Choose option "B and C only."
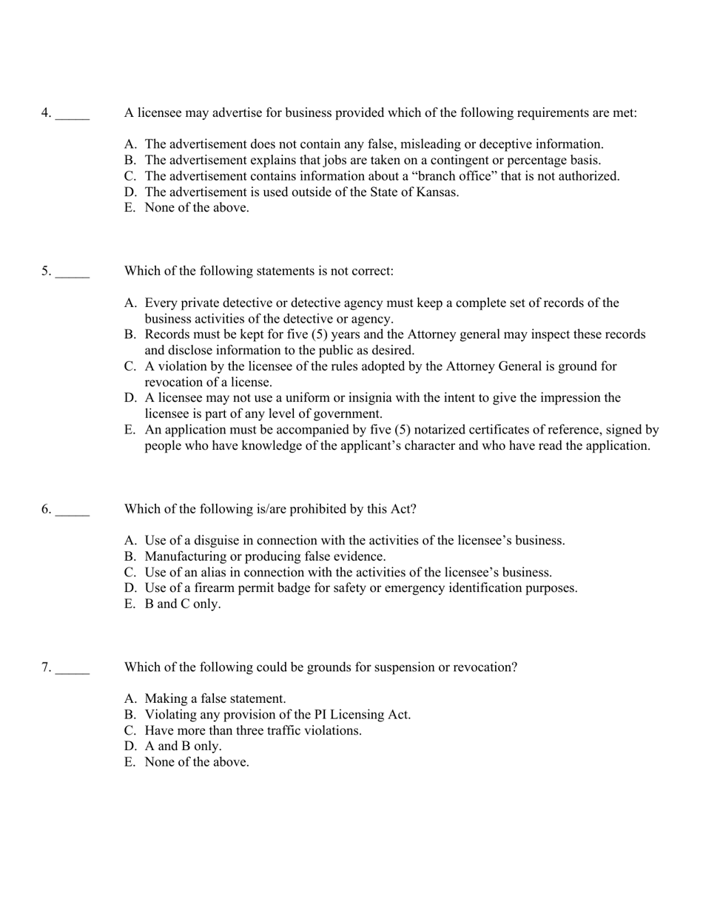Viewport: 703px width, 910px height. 183,604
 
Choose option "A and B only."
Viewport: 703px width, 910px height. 183,746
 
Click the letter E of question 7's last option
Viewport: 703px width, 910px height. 129,762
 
